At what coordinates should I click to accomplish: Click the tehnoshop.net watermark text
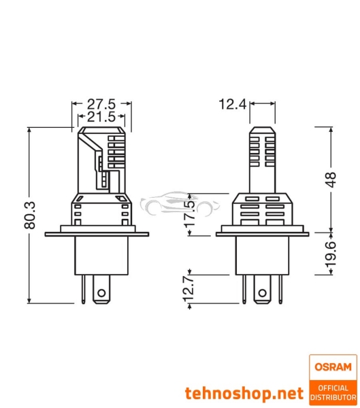[244, 393]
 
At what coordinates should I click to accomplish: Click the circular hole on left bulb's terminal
[102, 294]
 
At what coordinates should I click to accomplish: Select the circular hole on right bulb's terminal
[261, 294]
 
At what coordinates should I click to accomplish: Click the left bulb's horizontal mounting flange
[97, 235]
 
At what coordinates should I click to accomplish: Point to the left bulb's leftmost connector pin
[82, 289]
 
